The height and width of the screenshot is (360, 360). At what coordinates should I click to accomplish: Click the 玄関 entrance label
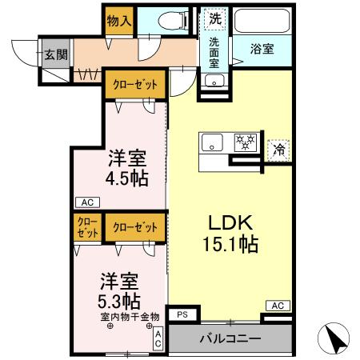(55, 55)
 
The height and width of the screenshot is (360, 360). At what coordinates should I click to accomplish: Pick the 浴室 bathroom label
(262, 48)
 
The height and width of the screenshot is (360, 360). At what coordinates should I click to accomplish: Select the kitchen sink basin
(213, 144)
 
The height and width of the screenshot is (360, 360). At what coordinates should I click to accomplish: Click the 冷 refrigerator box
(279, 149)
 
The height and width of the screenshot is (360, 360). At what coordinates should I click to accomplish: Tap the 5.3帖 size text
(121, 302)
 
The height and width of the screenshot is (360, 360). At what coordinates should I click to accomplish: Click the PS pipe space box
(182, 314)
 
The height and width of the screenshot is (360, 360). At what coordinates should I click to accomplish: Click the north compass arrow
(337, 338)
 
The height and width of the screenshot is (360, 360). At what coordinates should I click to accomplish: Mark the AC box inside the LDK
(277, 305)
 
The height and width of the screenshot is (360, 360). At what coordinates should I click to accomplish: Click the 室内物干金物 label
(130, 318)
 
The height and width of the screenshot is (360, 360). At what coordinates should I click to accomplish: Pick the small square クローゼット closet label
(87, 227)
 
